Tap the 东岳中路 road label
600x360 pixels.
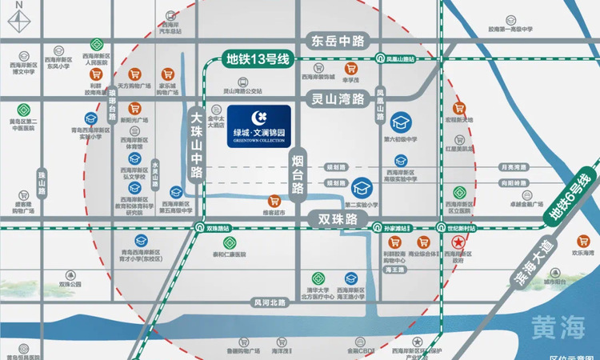click(x=337, y=38)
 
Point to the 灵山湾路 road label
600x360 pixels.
click(x=337, y=99)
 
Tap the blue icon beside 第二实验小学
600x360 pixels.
click(x=363, y=187)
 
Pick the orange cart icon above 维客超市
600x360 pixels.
click(x=274, y=201)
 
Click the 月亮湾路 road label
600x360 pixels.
click(x=512, y=167)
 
